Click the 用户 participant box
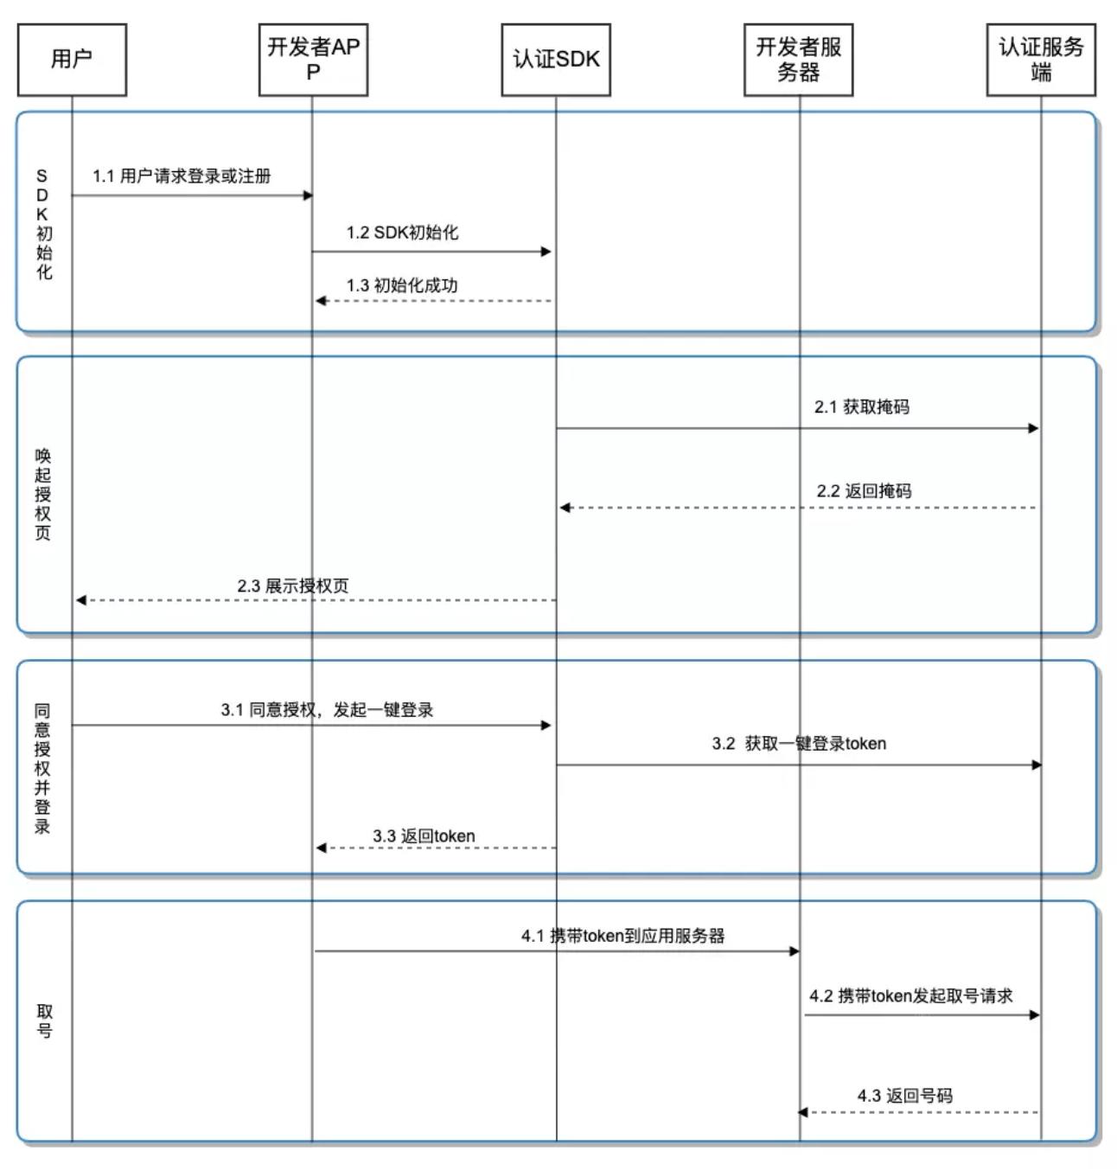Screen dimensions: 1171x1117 (72, 60)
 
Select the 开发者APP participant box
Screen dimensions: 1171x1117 (313, 60)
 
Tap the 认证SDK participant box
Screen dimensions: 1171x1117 (556, 60)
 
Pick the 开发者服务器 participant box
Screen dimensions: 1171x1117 (798, 60)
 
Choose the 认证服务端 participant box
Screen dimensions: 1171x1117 (1041, 60)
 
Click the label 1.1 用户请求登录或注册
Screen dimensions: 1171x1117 (182, 176)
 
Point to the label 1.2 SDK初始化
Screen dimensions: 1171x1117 (402, 233)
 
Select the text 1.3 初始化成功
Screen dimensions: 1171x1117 (402, 285)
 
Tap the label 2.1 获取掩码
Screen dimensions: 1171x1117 (861, 406)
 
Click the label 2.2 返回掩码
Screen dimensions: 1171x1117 (864, 491)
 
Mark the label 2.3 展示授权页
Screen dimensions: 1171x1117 (293, 585)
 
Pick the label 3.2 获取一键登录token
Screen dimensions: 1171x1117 (799, 744)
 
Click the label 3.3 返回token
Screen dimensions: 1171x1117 (424, 836)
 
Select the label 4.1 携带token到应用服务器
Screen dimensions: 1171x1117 (622, 936)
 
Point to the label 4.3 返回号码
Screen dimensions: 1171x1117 (904, 1096)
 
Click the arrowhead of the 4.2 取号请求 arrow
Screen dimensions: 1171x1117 (1034, 1014)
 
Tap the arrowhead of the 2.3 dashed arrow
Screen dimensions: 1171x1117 (81, 600)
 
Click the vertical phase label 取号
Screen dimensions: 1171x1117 (44, 1021)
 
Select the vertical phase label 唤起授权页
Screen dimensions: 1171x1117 (43, 494)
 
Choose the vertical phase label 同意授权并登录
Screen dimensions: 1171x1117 (42, 768)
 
